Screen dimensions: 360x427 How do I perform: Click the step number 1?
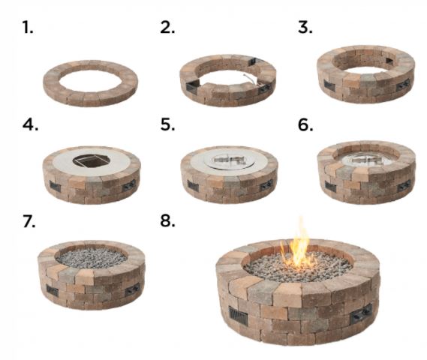pos(28,28)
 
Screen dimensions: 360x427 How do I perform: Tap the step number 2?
pos(167,28)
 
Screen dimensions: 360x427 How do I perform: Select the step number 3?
pos(305,28)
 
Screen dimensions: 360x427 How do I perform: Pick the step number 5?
pos(167,125)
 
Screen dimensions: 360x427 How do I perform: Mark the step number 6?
pos(305,125)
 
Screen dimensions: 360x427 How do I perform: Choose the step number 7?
pos(29,223)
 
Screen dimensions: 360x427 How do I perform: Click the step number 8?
pos(167,223)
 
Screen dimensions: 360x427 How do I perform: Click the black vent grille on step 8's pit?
pos(236,317)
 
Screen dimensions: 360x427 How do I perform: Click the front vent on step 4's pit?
pos(56,184)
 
